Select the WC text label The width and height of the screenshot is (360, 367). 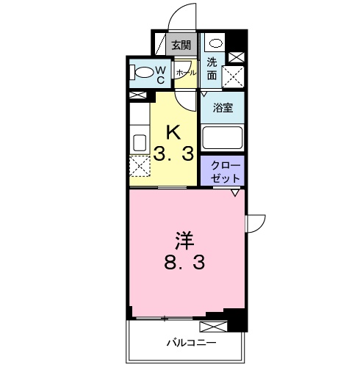162,73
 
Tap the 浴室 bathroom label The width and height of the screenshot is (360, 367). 223,106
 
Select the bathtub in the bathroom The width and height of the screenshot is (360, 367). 223,138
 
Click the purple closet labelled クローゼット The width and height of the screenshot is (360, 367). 223,171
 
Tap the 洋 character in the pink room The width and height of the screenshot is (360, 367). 184,240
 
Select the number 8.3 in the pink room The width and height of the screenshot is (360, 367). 184,263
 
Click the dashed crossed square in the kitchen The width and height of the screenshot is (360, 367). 140,166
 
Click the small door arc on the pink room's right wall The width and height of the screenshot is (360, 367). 255,221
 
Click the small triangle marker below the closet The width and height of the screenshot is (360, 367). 234,193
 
